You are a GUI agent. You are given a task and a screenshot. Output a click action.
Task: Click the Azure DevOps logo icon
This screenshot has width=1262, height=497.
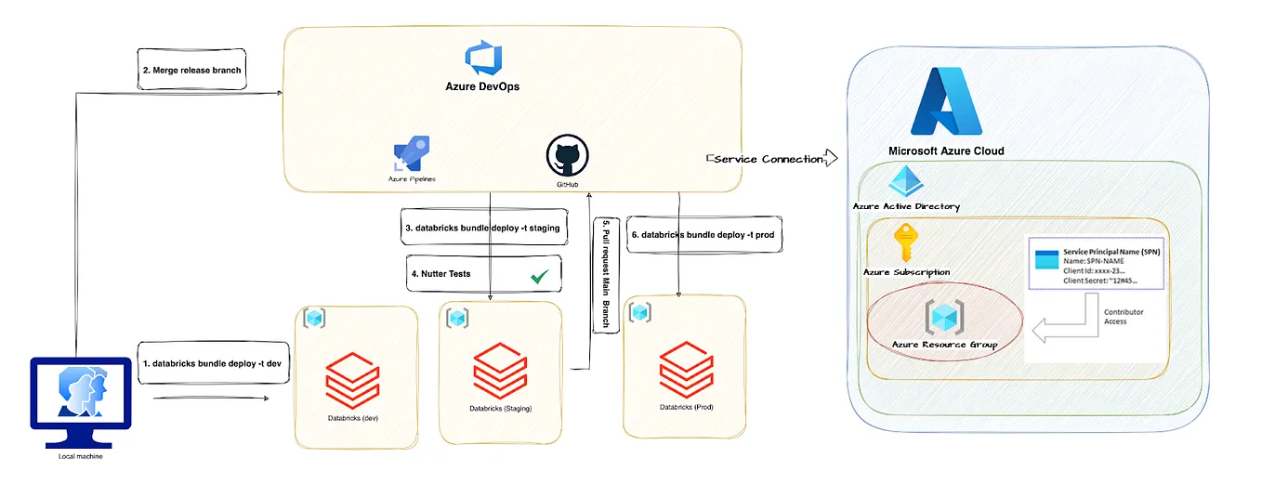(x=484, y=58)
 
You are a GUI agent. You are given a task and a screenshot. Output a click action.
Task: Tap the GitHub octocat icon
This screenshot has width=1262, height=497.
(x=568, y=155)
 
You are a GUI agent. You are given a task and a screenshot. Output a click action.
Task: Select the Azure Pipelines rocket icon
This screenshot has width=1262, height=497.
(x=411, y=153)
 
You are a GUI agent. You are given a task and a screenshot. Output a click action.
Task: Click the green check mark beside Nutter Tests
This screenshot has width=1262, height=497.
(x=539, y=276)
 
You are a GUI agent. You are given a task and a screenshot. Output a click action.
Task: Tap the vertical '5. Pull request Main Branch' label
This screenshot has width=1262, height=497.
(x=605, y=276)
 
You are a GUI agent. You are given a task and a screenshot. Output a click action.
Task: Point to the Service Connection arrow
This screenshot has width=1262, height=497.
(x=771, y=159)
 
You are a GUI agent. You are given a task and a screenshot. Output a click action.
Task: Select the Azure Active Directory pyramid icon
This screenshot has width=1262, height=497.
(x=904, y=183)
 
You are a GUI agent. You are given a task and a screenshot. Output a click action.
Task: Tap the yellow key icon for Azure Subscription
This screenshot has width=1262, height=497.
(x=905, y=244)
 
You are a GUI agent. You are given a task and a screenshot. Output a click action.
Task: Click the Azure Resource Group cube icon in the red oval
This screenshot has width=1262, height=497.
(x=943, y=317)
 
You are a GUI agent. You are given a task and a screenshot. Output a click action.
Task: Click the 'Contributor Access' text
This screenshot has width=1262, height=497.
(x=1115, y=316)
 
